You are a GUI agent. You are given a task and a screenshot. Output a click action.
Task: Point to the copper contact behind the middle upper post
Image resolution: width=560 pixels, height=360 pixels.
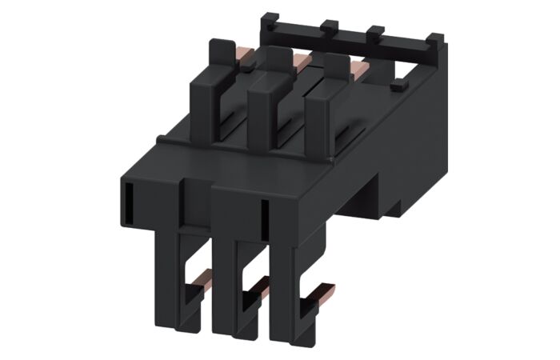(x=301, y=60)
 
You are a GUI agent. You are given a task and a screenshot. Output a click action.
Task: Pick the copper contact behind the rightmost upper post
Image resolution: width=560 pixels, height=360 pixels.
(x=358, y=72)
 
